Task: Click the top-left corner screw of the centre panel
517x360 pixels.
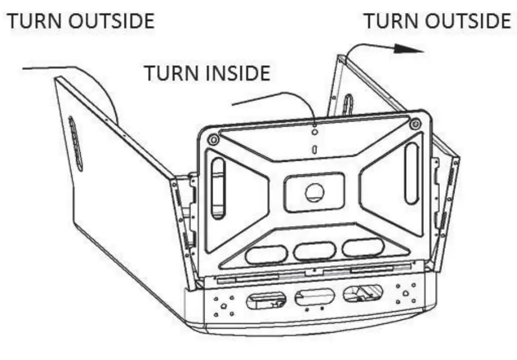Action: coord(213,139)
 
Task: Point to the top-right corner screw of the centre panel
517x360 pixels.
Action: coord(415,123)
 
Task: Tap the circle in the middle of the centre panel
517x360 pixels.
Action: coord(314,192)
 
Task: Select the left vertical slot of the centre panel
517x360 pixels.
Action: coord(216,188)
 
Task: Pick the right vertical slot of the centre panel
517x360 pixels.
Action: coord(411,173)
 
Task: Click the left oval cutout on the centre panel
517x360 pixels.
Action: coord(266,254)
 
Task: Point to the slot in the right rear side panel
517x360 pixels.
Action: coord(348,105)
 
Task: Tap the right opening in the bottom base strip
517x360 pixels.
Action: coord(362,293)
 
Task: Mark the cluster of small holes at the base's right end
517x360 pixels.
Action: coord(408,291)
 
